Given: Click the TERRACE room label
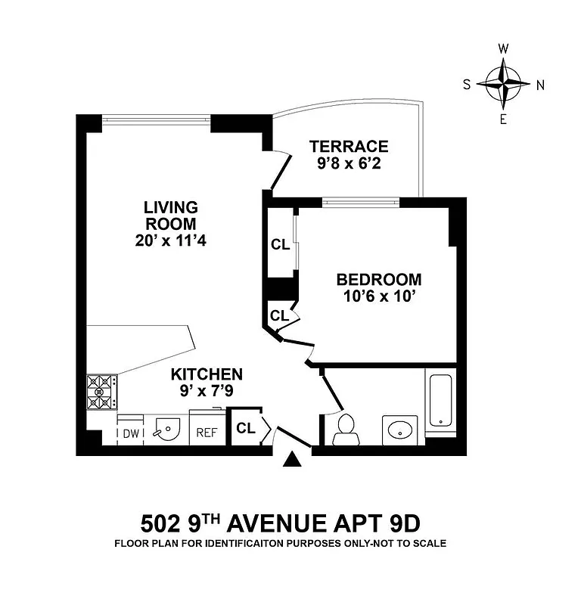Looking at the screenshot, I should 349,146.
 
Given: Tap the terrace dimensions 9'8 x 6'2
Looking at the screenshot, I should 349,163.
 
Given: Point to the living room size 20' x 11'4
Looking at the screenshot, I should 171,242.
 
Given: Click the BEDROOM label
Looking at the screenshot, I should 378,279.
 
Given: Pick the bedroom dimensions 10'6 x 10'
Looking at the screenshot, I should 378,296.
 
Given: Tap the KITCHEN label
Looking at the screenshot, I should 207,374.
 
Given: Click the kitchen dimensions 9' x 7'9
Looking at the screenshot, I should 207,392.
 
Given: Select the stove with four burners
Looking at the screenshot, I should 99,392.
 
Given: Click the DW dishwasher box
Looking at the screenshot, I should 130,433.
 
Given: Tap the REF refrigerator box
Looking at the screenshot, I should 207,433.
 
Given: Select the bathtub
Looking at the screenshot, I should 440,402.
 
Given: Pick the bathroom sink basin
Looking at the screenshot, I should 400,430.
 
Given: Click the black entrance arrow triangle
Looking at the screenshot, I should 292,460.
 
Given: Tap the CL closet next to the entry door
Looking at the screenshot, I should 245,428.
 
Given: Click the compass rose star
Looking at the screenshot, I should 503,84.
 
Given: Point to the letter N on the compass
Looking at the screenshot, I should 540,85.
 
